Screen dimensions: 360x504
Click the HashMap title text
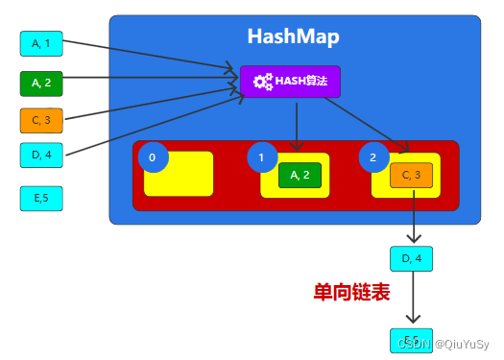[293, 36]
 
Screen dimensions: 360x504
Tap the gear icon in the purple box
[262, 82]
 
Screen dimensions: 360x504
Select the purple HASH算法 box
[290, 82]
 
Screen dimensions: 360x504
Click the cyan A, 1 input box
[41, 43]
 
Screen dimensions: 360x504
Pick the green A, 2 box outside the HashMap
[41, 83]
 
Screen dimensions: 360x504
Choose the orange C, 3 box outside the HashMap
[41, 120]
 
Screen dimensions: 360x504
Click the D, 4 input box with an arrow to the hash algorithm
[41, 155]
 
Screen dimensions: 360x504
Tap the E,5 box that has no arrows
[41, 198]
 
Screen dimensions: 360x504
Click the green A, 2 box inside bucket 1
[300, 175]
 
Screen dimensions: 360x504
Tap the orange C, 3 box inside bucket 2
[412, 175]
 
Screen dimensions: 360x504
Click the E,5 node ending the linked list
[412, 340]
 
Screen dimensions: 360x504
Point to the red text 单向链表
[351, 293]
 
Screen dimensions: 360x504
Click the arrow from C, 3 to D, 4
[413, 216]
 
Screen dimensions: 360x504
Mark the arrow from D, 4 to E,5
[413, 299]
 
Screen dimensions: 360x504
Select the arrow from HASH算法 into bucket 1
[296, 125]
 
